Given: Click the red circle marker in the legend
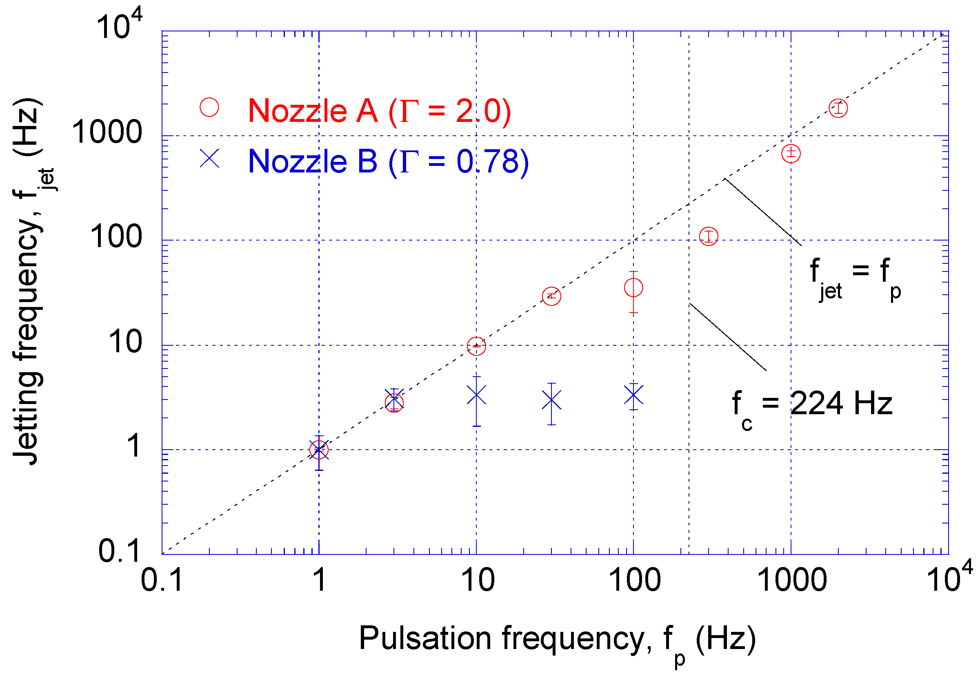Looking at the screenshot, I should [x=209, y=107].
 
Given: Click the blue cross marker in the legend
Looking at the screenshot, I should [x=209, y=159].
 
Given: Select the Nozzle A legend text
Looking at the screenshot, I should [x=379, y=111].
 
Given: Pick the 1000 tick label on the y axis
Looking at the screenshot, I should [x=107, y=132].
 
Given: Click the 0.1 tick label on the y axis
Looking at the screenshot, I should [x=119, y=550].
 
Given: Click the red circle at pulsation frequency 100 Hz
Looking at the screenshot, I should [x=633, y=288].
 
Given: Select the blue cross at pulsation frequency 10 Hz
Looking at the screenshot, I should [x=476, y=395].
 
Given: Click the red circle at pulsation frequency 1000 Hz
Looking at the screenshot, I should [x=791, y=153].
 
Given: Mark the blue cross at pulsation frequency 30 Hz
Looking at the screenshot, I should [x=551, y=400].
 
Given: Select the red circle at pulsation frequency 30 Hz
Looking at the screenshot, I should [x=551, y=296].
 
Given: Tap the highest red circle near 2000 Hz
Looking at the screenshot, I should [x=838, y=108].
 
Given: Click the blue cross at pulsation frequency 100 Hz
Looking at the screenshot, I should [x=633, y=396].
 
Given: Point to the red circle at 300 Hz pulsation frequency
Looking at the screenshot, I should [x=708, y=236].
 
